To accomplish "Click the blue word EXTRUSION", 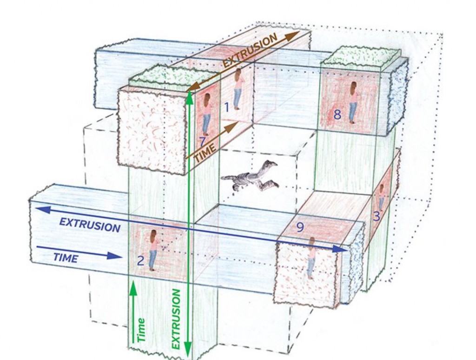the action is point(90,225).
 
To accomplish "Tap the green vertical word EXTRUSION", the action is point(176,319).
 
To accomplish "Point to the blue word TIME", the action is point(66,258).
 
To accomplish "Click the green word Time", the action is point(141,330).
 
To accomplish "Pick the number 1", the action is point(226,107).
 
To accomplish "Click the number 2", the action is point(140,261).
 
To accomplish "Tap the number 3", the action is point(377,216).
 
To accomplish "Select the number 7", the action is point(203,142).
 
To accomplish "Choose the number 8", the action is point(337,114).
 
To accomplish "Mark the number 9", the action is point(300,227).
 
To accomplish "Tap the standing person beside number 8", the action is point(353,102).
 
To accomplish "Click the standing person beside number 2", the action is point(152,250).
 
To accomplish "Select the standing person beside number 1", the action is point(238,89).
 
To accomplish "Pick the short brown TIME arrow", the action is point(212,140).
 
